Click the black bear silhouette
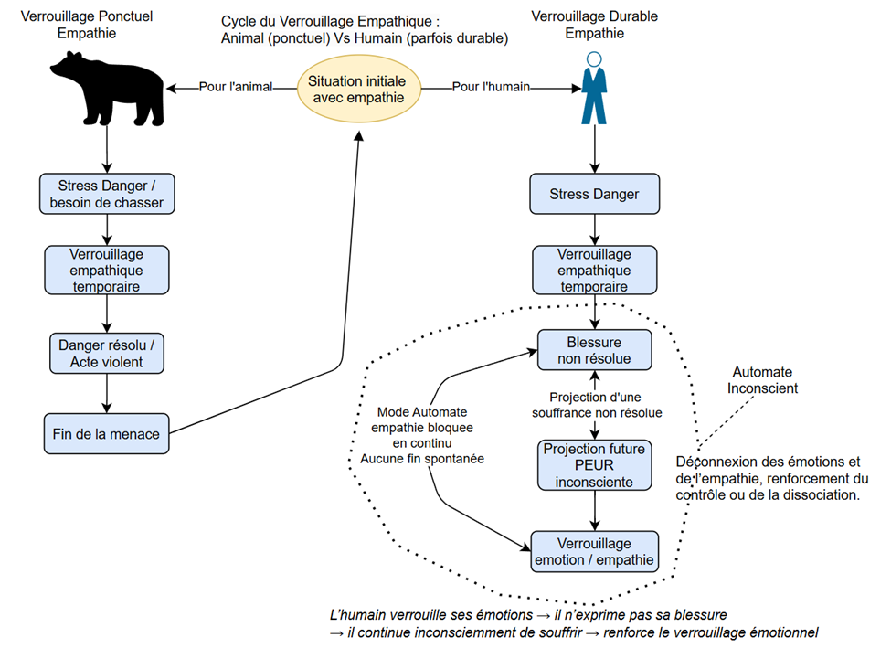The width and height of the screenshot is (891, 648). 108,89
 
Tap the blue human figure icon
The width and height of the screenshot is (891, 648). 594,89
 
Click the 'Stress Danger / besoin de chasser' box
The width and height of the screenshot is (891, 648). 108,193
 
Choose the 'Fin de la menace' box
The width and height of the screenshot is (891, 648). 108,433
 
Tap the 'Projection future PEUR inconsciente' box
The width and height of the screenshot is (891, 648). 594,464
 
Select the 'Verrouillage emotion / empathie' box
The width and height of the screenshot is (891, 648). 594,551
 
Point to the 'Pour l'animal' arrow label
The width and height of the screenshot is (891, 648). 236,88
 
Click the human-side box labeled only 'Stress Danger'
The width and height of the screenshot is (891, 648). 594,195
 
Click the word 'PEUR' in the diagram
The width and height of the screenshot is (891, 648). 594,464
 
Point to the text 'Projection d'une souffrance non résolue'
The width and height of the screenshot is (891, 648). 594,405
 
